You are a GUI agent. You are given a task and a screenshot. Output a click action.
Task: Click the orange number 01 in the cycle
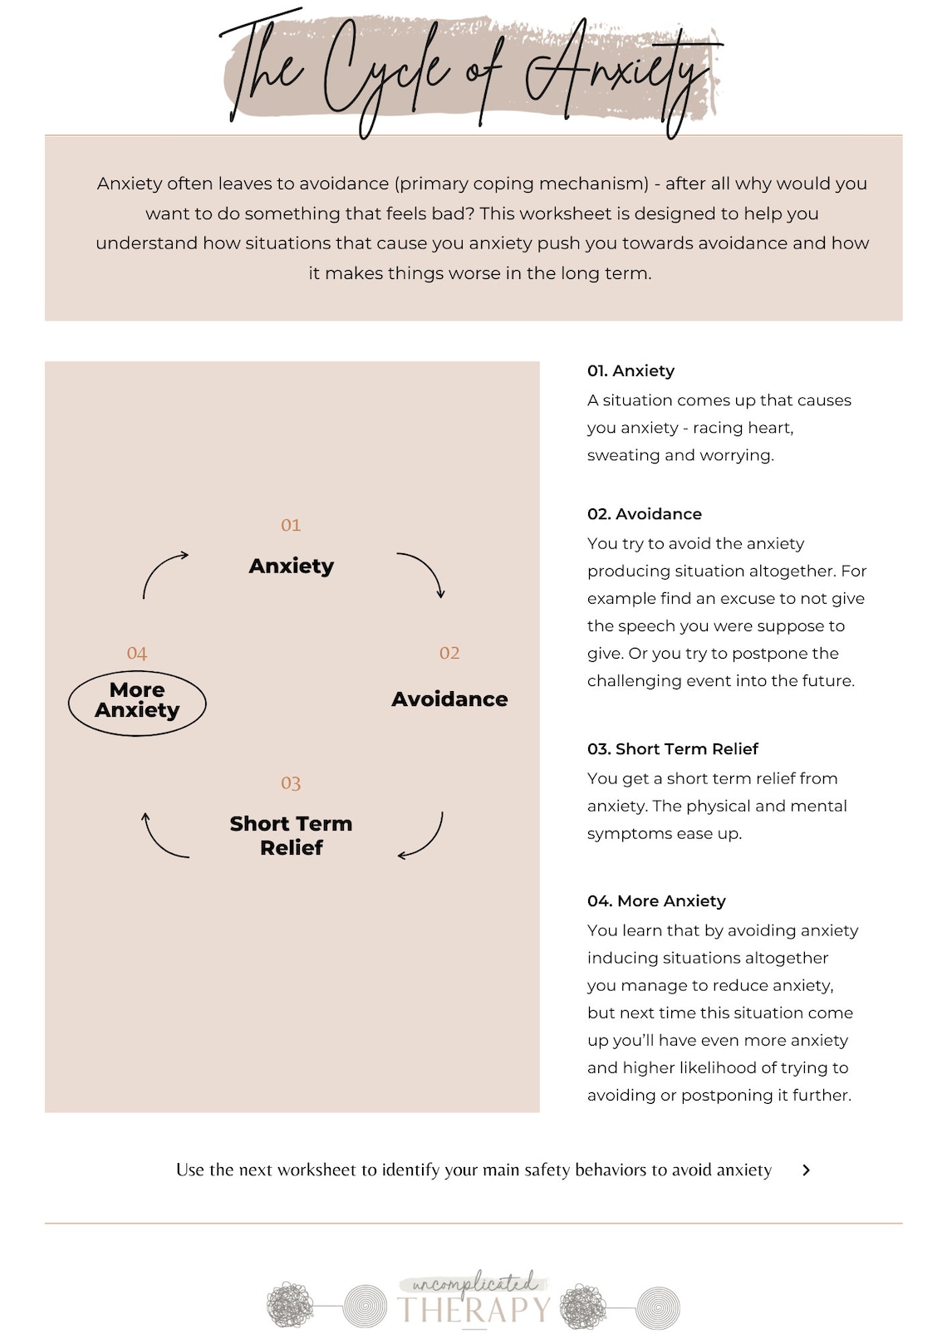coord(291,525)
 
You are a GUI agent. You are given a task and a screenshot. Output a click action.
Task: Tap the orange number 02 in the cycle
coord(449,653)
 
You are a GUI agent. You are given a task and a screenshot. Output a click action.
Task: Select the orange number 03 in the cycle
coord(291,783)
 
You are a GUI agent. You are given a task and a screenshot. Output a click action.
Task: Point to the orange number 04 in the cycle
coord(137,654)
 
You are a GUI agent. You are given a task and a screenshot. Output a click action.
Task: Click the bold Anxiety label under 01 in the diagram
coord(292,566)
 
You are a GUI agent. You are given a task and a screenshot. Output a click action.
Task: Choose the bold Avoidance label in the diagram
coord(449,699)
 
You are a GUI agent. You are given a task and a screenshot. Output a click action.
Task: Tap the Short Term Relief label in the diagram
coord(292,836)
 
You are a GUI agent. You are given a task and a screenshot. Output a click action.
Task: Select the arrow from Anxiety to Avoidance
coord(424,572)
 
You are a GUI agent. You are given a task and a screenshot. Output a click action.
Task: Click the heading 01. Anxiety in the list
coord(631,371)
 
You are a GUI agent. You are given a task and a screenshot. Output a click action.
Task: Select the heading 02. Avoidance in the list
coord(644,514)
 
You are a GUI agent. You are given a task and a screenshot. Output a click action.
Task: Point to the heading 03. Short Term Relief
coord(672,749)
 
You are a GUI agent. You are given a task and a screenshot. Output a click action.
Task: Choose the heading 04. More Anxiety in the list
coord(656,901)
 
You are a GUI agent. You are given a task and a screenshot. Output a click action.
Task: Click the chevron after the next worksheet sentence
coord(806,1170)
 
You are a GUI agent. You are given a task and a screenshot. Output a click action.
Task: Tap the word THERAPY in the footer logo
coord(473,1310)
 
